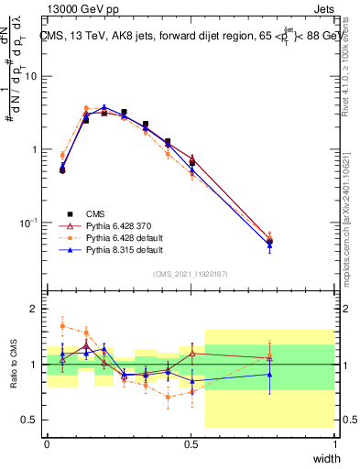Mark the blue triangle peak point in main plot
point(104,107)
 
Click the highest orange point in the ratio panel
point(62,325)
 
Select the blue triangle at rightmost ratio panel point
point(269,374)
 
